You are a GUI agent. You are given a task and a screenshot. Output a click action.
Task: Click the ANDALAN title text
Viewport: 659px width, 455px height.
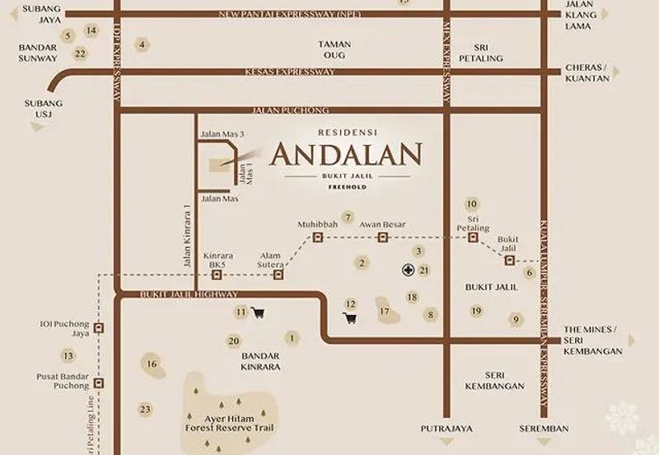click(346, 154)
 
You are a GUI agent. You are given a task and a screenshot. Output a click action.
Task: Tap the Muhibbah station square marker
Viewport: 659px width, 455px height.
click(317, 237)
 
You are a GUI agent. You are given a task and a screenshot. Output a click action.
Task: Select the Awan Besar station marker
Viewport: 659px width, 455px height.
click(382, 237)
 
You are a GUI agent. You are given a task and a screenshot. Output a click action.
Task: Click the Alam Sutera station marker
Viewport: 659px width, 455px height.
click(278, 274)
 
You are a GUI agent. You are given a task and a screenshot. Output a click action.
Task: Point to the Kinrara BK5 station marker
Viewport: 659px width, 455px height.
click(217, 274)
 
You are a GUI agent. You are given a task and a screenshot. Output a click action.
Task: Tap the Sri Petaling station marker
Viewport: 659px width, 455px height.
click(473, 237)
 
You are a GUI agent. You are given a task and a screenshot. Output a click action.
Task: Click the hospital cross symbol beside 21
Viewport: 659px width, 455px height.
click(408, 270)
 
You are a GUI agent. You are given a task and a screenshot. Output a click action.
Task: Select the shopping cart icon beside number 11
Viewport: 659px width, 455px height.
click(259, 312)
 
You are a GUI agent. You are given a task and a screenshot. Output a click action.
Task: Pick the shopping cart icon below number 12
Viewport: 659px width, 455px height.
click(350, 319)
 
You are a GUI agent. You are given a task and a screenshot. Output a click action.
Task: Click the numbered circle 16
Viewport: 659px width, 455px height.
click(151, 364)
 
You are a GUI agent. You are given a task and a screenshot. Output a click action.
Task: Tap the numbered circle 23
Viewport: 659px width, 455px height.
click(145, 409)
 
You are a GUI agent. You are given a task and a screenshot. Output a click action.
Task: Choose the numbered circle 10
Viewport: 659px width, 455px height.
click(471, 204)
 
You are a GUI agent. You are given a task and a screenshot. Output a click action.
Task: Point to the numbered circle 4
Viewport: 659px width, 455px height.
click(143, 45)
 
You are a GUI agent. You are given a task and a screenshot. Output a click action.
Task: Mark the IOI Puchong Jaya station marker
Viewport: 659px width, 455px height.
click(100, 327)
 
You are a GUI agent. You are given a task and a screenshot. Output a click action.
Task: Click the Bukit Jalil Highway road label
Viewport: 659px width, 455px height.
click(189, 294)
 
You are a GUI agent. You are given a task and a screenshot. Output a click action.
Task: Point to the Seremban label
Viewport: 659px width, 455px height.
click(544, 429)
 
